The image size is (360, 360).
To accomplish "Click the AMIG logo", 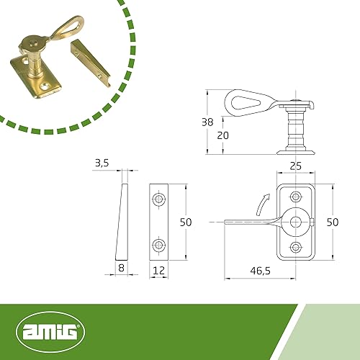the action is (x=50, y=332).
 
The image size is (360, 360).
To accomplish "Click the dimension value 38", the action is (x=207, y=122).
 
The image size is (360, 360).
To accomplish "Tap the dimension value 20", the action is (x=222, y=135).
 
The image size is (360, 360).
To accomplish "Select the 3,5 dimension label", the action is (x=102, y=163).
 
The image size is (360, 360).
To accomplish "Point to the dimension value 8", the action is (x=122, y=268).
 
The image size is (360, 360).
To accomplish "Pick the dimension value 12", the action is (x=158, y=271).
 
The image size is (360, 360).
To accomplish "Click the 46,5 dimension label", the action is (x=261, y=271).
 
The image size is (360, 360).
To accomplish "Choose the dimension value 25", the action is (x=295, y=166).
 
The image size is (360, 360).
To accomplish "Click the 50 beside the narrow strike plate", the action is (x=186, y=222).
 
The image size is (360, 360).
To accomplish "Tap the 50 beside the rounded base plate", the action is (x=333, y=222).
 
